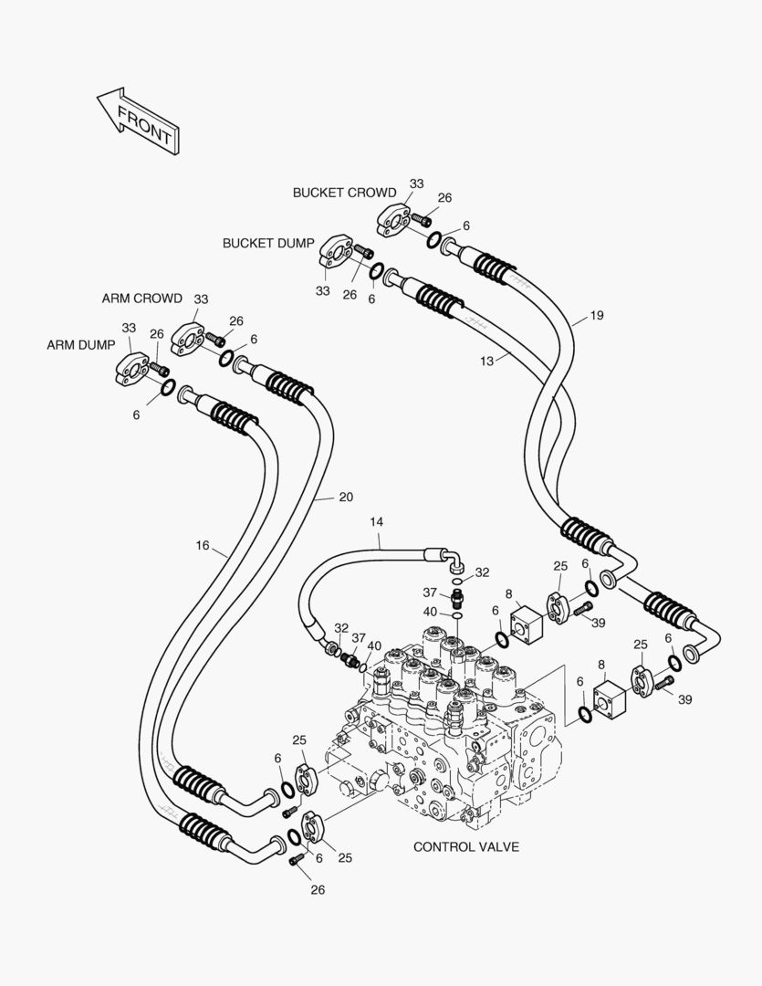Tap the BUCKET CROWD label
point(344,193)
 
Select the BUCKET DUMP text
point(268,244)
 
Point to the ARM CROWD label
point(141,299)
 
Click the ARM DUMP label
point(81,345)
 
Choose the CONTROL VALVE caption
point(466,846)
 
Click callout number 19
point(596,316)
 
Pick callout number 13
point(486,362)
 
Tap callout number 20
point(345,498)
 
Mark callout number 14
point(377,521)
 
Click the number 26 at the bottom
point(317,889)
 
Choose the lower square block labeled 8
point(608,698)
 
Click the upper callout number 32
point(482,572)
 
